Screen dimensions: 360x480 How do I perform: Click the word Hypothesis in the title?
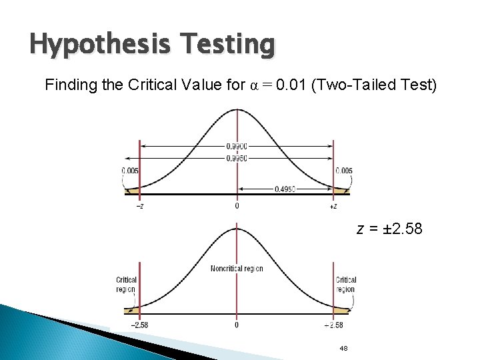pyautogui.click(x=92, y=45)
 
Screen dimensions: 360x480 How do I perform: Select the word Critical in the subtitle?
pyautogui.click(x=148, y=85)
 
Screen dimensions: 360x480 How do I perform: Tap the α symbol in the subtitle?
pyautogui.click(x=252, y=86)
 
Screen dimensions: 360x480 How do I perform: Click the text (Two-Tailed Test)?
pyautogui.click(x=374, y=85)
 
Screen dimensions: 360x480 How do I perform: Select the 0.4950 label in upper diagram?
pyautogui.click(x=285, y=189)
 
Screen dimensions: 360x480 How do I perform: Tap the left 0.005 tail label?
pyautogui.click(x=130, y=171)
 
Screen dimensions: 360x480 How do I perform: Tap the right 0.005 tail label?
pyautogui.click(x=344, y=171)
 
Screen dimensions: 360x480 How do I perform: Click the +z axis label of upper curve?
pyautogui.click(x=333, y=206)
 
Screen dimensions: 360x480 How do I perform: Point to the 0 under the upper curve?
pyautogui.click(x=237, y=206)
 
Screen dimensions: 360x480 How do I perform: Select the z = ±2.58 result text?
pyautogui.click(x=389, y=230)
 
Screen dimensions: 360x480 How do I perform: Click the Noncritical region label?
pyautogui.click(x=237, y=269)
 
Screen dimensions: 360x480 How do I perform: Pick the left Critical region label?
pyautogui.click(x=126, y=285)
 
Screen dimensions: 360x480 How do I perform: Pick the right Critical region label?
pyautogui.click(x=345, y=285)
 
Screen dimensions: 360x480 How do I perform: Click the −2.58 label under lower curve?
pyautogui.click(x=139, y=325)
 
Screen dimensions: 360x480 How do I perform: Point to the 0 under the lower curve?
pyautogui.click(x=237, y=325)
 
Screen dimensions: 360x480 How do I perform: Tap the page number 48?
pyautogui.click(x=344, y=348)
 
